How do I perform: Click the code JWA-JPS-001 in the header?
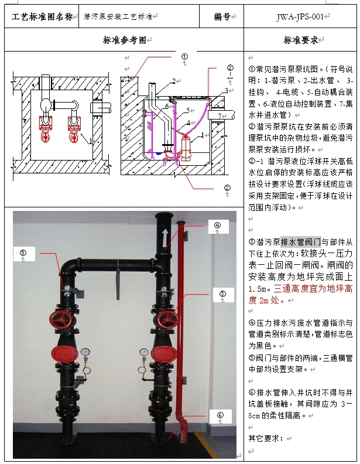[300, 17]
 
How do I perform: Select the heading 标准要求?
[300, 40]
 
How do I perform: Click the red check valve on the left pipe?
[64, 353]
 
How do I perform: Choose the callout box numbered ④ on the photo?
[217, 226]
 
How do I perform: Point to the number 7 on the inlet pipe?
[219, 115]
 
